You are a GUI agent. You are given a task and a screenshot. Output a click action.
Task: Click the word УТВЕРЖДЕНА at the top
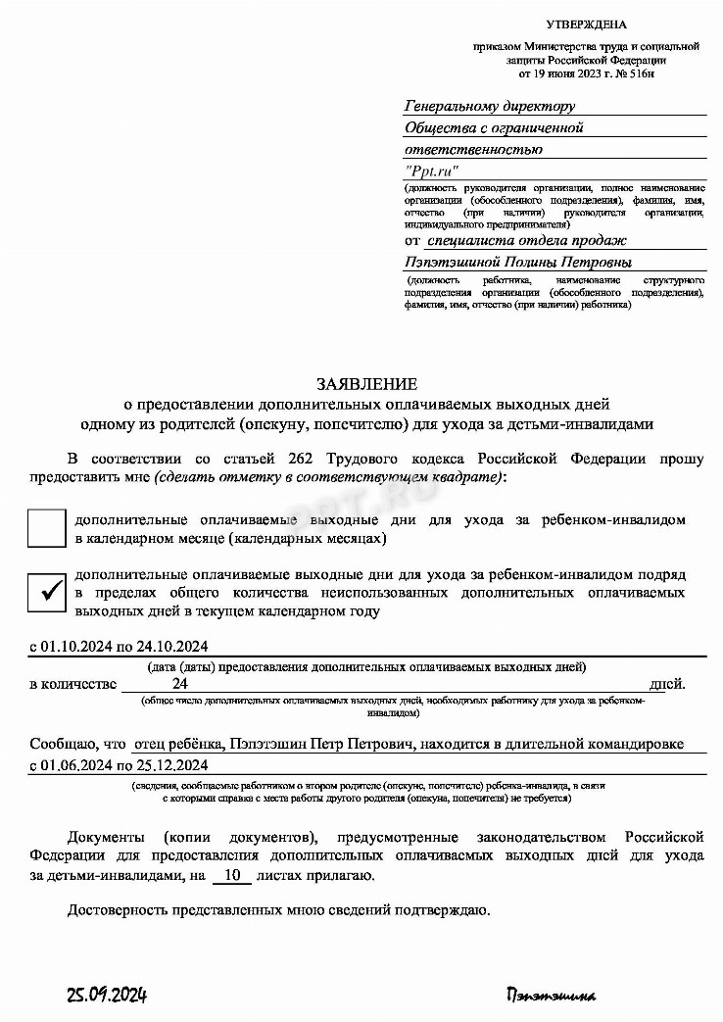coord(585,24)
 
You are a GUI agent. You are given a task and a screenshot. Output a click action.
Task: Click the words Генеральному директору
coord(490,106)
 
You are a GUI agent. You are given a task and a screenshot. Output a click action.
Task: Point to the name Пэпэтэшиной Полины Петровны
coord(518,262)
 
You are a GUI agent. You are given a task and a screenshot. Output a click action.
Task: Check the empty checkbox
coord(46,529)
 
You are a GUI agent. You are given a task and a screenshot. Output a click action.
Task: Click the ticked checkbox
coord(46,591)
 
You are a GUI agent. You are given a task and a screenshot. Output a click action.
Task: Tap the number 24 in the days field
coord(179,683)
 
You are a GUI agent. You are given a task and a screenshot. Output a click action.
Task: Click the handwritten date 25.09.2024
coord(107,996)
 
